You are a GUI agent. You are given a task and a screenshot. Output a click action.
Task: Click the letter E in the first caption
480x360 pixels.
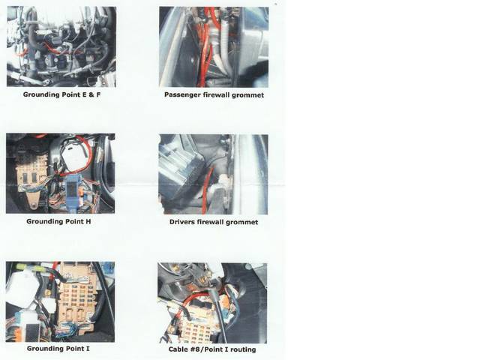tap(84, 94)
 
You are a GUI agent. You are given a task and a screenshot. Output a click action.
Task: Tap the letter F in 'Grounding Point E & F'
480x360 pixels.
tap(98, 94)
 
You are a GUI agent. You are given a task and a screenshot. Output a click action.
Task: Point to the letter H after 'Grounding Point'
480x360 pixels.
tap(88, 221)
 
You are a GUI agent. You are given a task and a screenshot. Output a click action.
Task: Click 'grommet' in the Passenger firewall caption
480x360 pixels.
tap(247, 95)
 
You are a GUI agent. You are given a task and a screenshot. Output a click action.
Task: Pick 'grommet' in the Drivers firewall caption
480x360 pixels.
tap(241, 223)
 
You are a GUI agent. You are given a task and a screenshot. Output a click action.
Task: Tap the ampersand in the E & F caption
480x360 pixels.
tap(91, 94)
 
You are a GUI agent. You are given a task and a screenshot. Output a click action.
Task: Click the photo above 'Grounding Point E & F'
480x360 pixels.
tap(61, 46)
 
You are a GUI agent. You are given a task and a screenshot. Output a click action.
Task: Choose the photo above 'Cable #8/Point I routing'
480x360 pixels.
tap(212, 303)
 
